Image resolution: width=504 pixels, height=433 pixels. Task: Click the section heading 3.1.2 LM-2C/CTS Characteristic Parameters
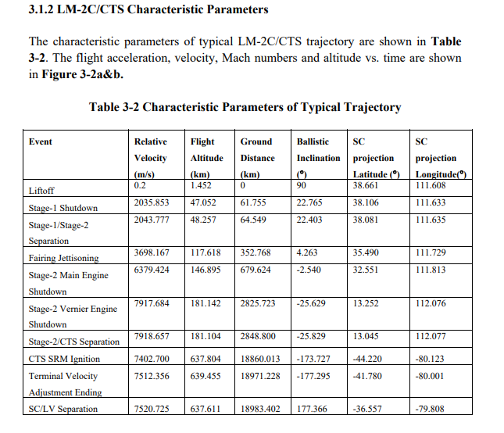(148, 10)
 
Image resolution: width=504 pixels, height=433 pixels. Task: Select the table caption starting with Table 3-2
(245, 107)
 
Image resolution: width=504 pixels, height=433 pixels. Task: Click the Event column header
(41, 141)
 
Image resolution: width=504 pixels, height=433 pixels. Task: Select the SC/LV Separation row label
(63, 409)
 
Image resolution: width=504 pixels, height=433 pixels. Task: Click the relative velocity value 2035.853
(152, 203)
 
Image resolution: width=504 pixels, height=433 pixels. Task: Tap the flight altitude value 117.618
(206, 253)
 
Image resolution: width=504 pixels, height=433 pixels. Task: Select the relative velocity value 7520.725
(152, 409)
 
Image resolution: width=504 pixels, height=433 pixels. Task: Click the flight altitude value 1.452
(202, 186)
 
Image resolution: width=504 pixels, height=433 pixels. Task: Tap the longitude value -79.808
(431, 409)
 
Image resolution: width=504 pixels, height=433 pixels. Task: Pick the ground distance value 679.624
(256, 270)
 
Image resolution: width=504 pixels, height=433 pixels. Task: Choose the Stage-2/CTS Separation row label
(74, 342)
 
